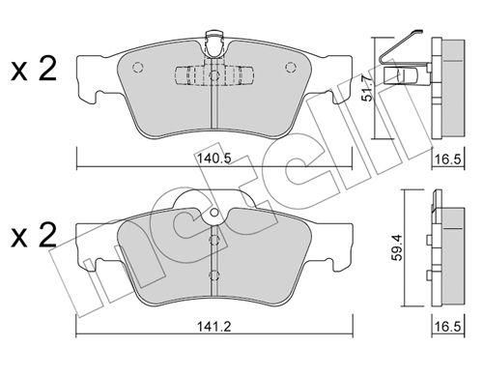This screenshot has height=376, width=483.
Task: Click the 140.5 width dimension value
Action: click(x=214, y=159)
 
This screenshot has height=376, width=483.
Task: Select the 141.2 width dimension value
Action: click(x=214, y=327)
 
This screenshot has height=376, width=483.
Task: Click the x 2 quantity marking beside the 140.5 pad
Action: click(x=34, y=69)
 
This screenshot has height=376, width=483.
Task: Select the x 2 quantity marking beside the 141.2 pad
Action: click(x=34, y=236)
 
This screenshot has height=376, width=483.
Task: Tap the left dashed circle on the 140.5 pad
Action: click(x=137, y=67)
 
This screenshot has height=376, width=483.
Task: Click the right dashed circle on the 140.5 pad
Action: click(x=291, y=67)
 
